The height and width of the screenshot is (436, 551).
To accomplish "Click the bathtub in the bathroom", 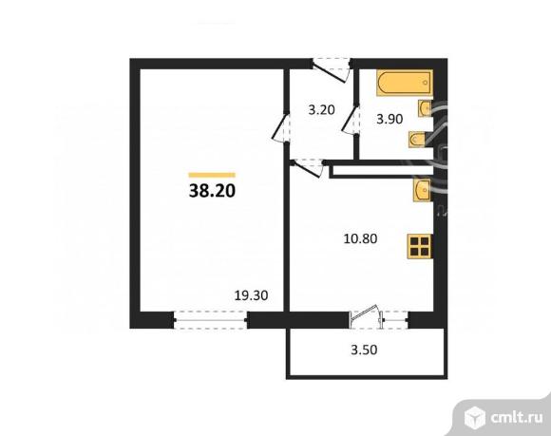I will [400, 85].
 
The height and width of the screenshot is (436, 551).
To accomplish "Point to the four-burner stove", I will [419, 247].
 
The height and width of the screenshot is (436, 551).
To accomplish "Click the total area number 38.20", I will [212, 190].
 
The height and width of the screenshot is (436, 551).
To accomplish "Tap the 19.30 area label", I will [251, 295].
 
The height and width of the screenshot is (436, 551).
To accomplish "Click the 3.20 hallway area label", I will [321, 109].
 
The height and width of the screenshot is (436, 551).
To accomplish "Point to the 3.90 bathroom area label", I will [390, 120].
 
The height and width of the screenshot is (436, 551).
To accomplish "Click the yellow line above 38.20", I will [212, 174].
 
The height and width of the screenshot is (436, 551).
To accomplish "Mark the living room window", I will [210, 322].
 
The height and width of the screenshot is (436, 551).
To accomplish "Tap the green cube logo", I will [474, 413].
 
